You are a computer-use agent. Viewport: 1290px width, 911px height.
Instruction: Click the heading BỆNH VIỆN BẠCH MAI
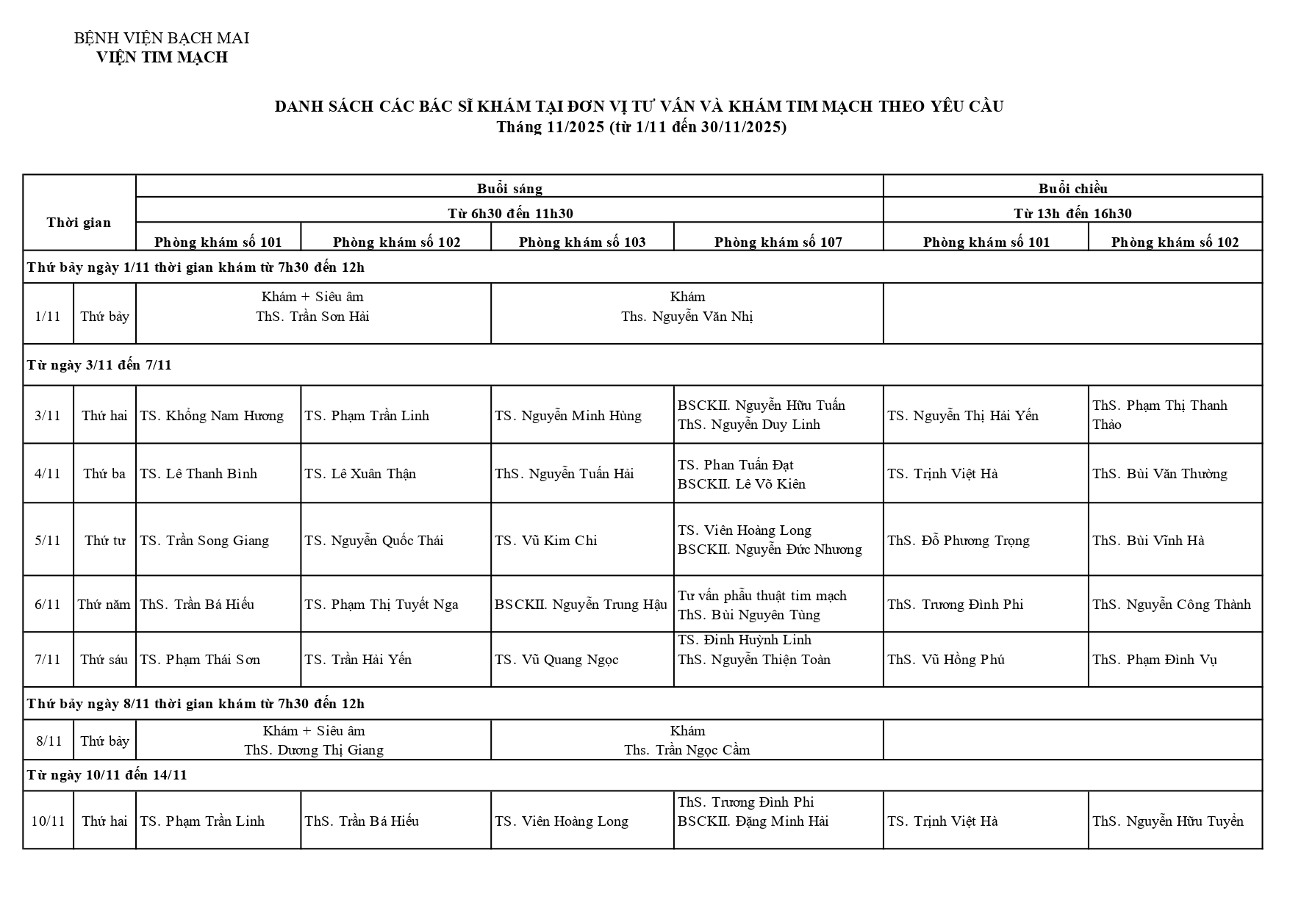162,38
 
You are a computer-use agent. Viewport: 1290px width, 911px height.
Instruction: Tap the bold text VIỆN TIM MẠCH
162,57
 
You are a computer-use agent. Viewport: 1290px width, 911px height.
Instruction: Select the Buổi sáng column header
509,189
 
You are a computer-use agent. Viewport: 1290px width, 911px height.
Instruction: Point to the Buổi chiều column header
1072,189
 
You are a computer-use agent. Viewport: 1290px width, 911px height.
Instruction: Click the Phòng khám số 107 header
778,242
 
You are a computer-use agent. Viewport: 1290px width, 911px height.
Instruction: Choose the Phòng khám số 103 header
582,242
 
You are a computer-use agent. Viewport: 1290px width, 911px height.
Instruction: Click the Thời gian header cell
79,223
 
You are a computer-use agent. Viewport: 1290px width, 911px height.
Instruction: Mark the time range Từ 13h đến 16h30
1072,214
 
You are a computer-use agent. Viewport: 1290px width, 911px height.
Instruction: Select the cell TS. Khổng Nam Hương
212,416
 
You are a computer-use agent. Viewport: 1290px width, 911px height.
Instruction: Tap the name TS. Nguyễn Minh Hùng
567,416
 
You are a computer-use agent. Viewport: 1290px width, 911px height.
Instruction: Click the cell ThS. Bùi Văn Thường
1159,474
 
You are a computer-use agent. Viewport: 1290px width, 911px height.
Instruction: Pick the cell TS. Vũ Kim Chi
545,541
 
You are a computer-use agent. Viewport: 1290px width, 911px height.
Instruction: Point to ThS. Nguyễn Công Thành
1171,605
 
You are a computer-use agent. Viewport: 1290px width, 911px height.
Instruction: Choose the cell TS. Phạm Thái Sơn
200,660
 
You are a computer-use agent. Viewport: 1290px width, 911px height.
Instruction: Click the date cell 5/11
48,541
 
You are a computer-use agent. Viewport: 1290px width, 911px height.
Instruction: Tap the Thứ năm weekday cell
104,605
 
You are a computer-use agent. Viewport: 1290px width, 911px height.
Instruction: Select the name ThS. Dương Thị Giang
314,750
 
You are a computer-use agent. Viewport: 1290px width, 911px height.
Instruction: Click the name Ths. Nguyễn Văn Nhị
687,317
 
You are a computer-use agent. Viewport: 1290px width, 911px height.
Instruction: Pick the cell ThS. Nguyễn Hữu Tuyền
1167,821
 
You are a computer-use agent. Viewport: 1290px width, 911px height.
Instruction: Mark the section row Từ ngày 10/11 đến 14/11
107,775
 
